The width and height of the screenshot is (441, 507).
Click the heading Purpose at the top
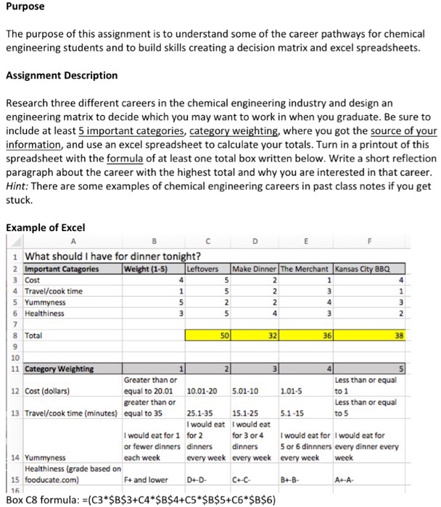click(x=25, y=7)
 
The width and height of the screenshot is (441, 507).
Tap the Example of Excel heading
click(x=46, y=227)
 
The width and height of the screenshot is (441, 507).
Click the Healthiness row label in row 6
click(x=44, y=313)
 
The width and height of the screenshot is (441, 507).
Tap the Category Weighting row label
click(x=59, y=369)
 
